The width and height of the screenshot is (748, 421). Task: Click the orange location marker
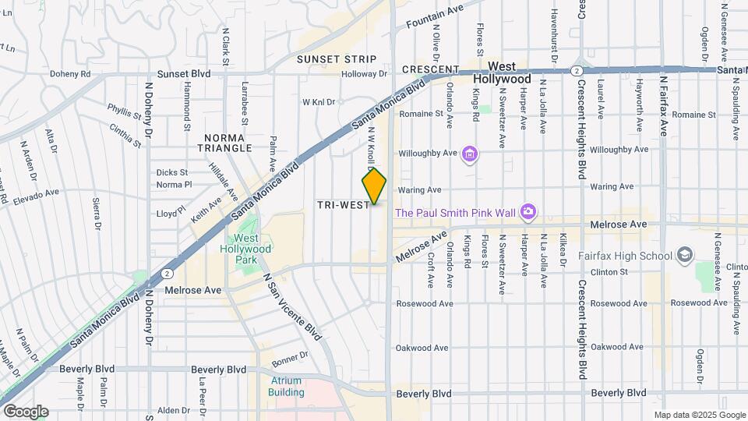click(375, 186)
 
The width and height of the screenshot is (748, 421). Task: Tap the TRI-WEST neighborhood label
click(343, 204)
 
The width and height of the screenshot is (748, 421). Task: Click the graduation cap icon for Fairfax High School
click(684, 255)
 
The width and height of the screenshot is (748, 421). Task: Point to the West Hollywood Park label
click(253, 243)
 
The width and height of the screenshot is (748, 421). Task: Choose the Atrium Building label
click(286, 387)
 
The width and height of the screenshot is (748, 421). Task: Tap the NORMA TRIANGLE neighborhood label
click(224, 142)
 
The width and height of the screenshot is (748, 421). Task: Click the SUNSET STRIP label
click(337, 59)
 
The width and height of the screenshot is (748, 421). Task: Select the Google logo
click(25, 411)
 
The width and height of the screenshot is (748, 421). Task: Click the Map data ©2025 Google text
click(698, 416)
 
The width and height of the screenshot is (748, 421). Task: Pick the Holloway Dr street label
click(365, 74)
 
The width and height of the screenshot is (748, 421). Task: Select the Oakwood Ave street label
click(422, 348)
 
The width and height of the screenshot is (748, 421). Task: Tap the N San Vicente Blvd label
click(292, 306)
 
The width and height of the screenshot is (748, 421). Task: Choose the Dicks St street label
click(172, 172)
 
